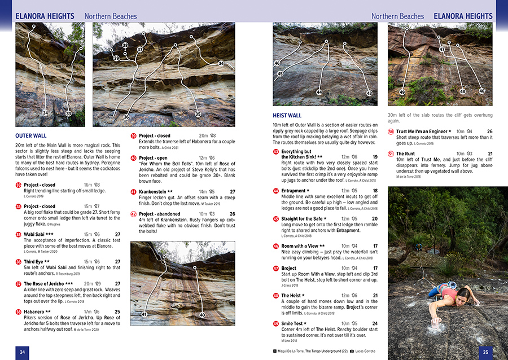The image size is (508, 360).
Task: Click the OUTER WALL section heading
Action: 31,135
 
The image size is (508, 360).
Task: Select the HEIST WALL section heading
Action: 287,116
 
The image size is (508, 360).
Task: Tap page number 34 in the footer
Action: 22,352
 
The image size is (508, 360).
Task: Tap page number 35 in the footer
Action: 485,352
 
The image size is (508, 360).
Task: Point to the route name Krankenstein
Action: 156,192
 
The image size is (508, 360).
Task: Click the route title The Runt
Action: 405,153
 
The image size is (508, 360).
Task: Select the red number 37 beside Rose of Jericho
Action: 19,283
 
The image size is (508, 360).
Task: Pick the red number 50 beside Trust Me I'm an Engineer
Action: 391,131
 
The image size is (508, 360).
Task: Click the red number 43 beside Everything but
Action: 275,152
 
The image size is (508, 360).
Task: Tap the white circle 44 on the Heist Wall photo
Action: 319,93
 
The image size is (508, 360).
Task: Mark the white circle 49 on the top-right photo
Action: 402,92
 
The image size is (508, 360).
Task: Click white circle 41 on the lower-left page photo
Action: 144,314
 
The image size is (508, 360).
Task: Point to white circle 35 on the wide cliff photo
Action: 198,115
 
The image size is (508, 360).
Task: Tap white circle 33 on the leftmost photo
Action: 68,114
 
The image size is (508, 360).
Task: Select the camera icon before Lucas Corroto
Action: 352,351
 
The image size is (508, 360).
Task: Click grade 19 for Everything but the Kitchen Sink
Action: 375,157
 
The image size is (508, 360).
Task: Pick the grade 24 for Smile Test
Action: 375,323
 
